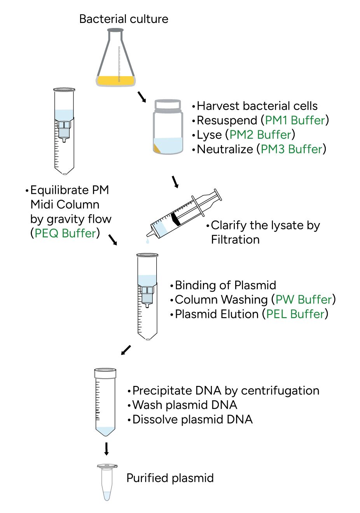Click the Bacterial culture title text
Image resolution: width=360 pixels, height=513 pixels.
pyautogui.click(x=124, y=19)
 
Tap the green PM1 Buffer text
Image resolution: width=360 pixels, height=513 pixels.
pyautogui.click(x=295, y=120)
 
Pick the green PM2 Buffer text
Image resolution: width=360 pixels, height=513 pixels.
pyautogui.click(x=260, y=134)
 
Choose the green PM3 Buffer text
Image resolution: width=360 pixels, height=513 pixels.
pyautogui.click(x=292, y=149)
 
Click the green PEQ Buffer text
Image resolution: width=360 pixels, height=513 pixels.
pyautogui.click(x=65, y=233)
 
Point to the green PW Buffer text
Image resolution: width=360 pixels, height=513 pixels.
pyautogui.click(x=304, y=300)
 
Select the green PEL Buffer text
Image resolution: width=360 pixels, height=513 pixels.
pyautogui.click(x=295, y=314)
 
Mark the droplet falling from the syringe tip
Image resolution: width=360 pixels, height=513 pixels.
pyautogui.click(x=147, y=242)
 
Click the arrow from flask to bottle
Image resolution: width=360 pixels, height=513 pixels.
pyautogui.click(x=142, y=97)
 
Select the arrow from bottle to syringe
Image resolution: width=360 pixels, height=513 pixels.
pyautogui.click(x=175, y=181)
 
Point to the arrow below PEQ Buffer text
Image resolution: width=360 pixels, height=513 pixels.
pyautogui.click(x=113, y=240)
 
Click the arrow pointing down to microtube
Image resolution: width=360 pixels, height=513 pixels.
pyautogui.click(x=106, y=448)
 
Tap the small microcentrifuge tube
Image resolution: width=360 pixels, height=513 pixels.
pyautogui.click(x=107, y=482)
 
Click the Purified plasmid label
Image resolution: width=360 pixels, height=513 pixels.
pyautogui.click(x=170, y=478)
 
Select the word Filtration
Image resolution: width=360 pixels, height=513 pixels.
pyautogui.click(x=235, y=240)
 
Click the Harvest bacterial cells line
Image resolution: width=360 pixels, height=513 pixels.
pyautogui.click(x=257, y=106)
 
